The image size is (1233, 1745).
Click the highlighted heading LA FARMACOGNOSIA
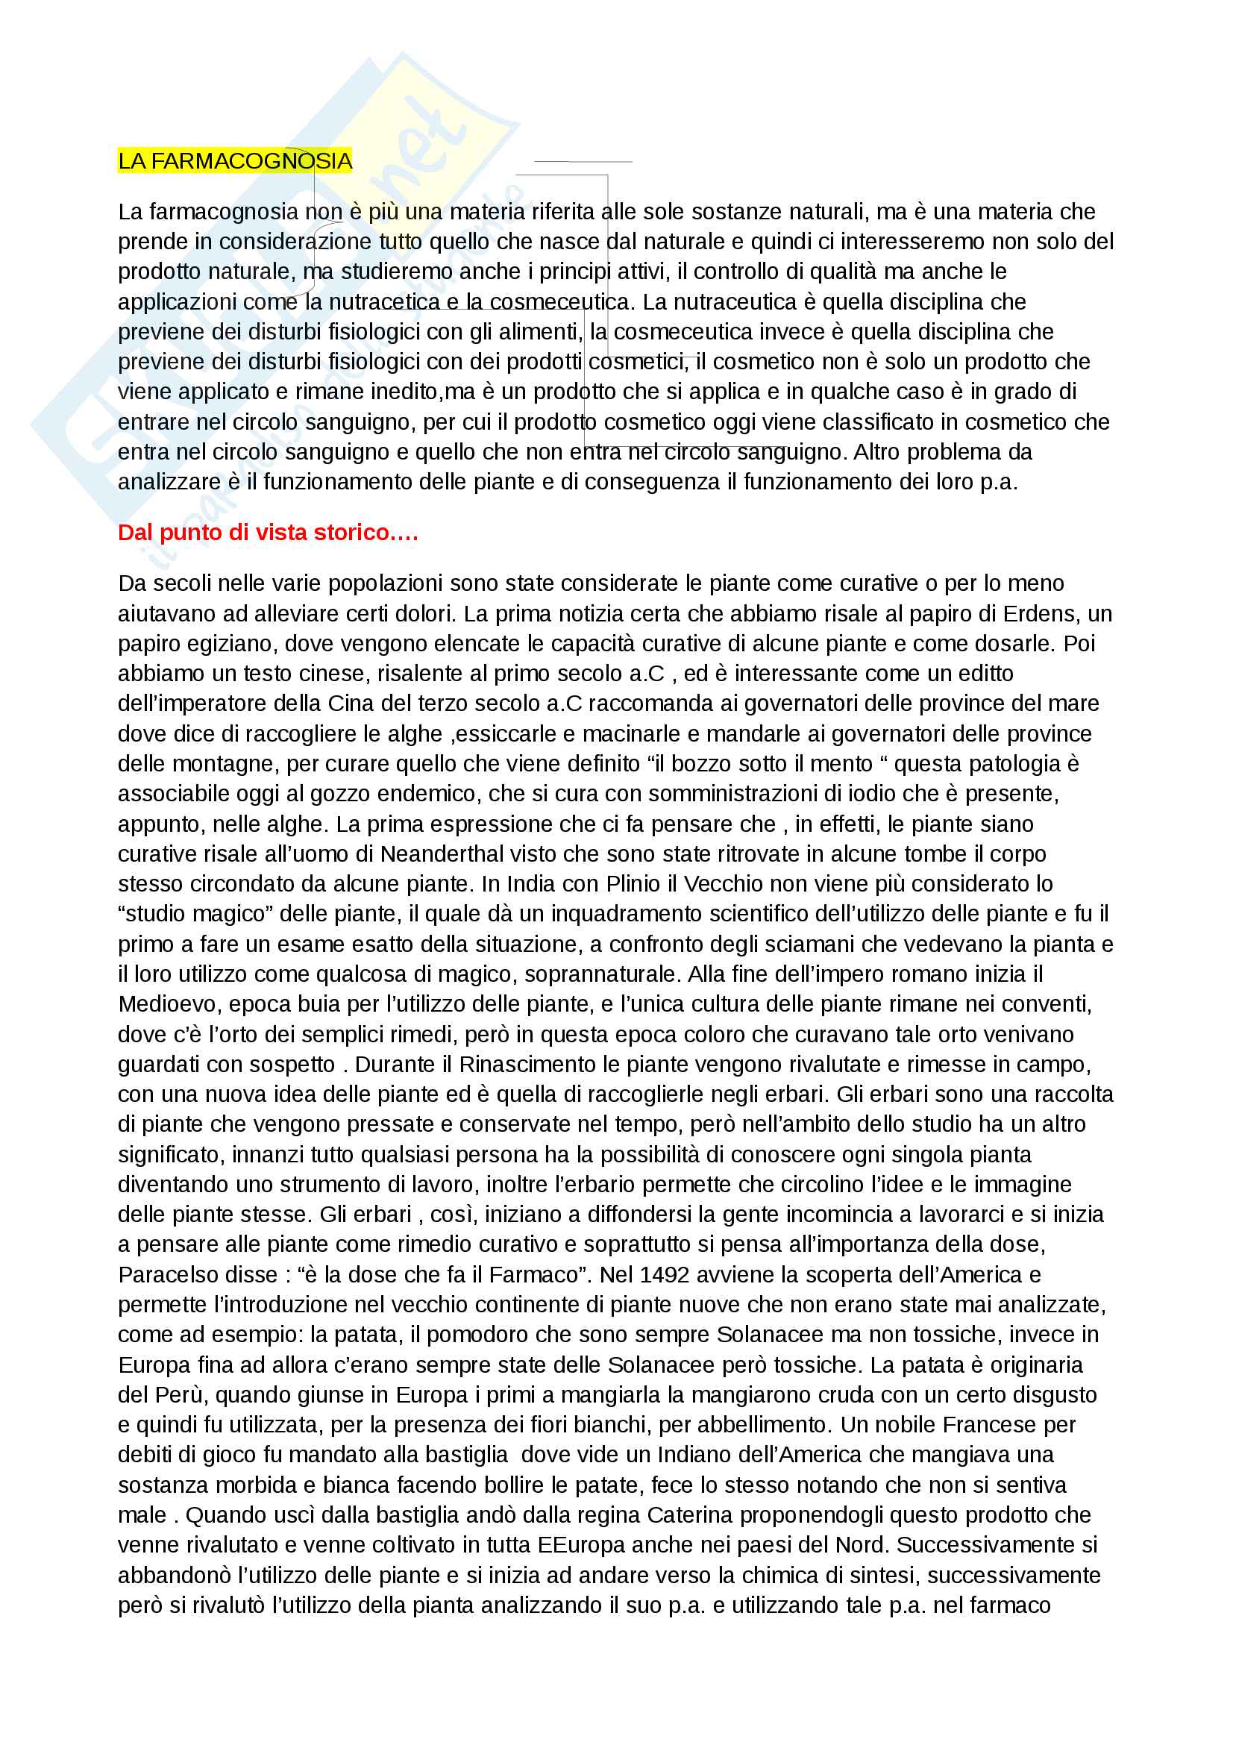pyautogui.click(x=235, y=161)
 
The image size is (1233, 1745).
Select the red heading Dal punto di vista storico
pyautogui.click(x=268, y=533)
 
